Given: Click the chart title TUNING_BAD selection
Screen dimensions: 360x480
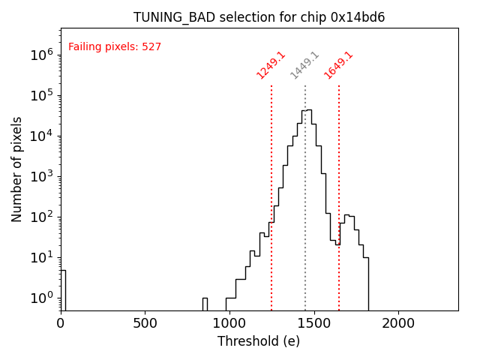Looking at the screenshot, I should pyautogui.click(x=259, y=17).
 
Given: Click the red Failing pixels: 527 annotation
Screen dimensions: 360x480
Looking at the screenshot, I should pyautogui.click(x=115, y=47).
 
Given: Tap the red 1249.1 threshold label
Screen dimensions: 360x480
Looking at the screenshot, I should pyautogui.click(x=271, y=65).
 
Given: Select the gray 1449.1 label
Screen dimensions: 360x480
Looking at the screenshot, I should pyautogui.click(x=304, y=65).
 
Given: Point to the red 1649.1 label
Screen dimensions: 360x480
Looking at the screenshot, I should pyautogui.click(x=338, y=65).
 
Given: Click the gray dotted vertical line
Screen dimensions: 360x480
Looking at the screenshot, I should pyautogui.click(x=305, y=225).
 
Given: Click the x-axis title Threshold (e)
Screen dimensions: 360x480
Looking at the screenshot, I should pyautogui.click(x=259, y=341).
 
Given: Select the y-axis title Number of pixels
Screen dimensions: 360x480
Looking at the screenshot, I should pyautogui.click(x=17, y=169).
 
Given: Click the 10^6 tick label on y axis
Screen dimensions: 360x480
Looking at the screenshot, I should pyautogui.click(x=42, y=55).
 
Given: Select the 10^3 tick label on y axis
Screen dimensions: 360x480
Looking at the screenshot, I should pyautogui.click(x=42, y=176).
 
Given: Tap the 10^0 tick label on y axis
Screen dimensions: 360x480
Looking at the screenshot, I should pyautogui.click(x=42, y=298).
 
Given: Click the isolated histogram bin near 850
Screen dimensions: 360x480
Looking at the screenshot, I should pyautogui.click(x=205, y=304).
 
